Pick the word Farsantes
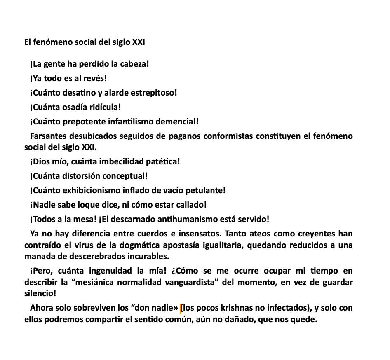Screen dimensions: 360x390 tap(47, 136)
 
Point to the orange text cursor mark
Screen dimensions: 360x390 tap(181, 308)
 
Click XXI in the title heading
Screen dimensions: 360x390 tap(139, 42)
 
